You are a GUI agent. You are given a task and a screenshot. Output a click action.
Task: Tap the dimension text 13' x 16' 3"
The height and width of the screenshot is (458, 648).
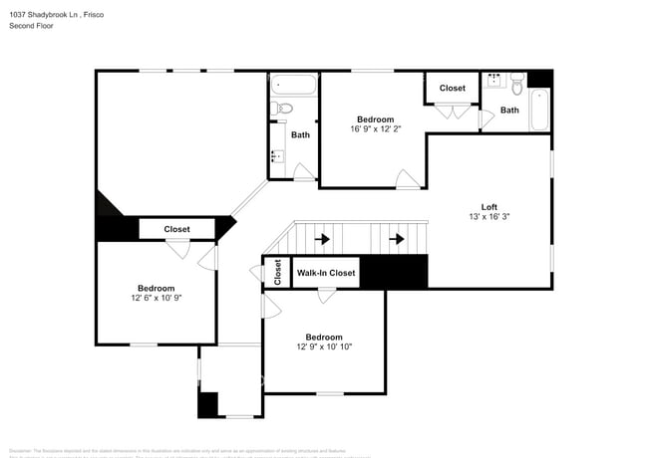487,216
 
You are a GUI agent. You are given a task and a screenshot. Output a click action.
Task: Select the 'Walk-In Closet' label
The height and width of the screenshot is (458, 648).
326,272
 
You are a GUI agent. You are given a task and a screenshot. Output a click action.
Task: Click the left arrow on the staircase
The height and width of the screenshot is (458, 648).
322,239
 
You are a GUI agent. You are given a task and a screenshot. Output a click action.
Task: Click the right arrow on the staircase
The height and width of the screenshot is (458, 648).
397,239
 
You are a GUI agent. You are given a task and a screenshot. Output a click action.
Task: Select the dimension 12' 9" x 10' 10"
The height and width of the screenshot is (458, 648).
324,346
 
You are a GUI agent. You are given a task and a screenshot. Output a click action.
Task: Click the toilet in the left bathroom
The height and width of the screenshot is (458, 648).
283,108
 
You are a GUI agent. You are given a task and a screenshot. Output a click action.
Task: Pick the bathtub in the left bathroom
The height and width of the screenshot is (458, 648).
293,84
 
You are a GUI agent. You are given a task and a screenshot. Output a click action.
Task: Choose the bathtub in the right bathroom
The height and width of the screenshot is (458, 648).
538,110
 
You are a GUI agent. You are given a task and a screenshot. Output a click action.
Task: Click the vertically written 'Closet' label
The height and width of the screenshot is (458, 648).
277,272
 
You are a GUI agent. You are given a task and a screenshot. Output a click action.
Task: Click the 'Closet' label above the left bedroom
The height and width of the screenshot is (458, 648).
176,229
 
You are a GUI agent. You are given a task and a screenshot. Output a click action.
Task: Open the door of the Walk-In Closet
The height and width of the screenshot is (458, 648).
326,296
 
